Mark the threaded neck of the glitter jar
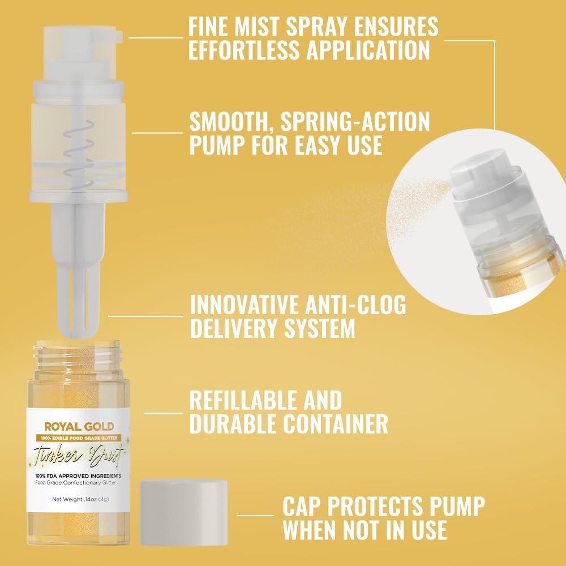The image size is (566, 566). [75, 355]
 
